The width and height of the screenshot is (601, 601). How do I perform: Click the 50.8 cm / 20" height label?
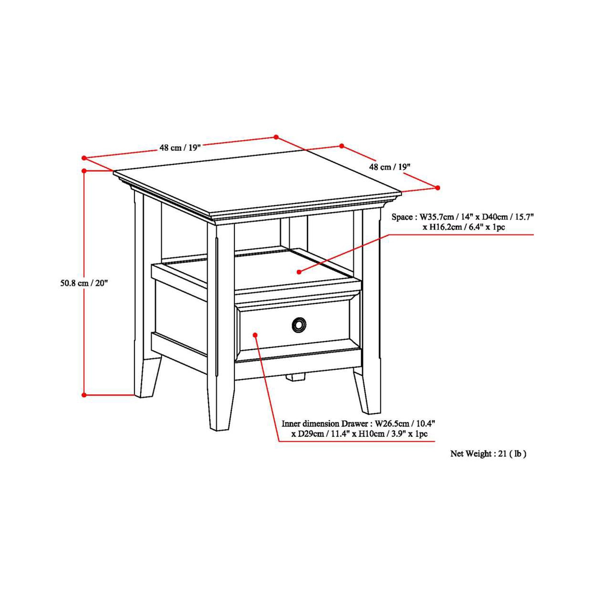pos(84,283)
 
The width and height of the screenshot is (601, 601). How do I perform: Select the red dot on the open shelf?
pos(299,272)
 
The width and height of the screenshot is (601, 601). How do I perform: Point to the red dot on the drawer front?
pos(255,335)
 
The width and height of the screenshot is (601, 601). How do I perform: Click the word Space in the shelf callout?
pos(402,217)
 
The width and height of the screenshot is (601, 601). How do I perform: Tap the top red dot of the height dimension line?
pos(84,171)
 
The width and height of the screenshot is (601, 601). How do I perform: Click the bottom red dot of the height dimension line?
pos(84,395)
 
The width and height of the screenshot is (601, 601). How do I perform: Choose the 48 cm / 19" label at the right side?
pos(389,167)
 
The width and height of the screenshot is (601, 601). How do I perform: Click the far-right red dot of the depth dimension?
pos(437,188)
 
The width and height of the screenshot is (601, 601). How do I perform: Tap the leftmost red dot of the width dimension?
pos(84,158)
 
